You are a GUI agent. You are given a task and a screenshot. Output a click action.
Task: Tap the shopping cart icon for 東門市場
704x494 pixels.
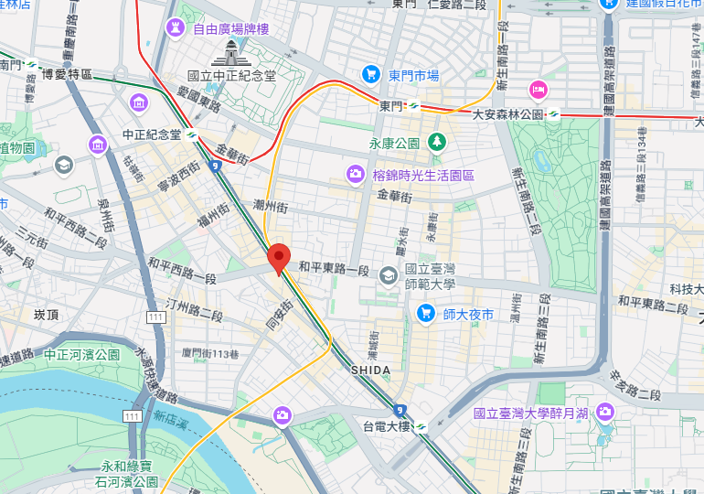pyautogui.click(x=370, y=74)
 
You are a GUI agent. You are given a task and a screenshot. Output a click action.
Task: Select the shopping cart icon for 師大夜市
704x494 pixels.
pyautogui.click(x=425, y=314)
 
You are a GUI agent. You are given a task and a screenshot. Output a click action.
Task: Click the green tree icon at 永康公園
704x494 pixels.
pyautogui.click(x=438, y=142)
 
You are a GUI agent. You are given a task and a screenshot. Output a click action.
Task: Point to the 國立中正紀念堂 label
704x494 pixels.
pyautogui.click(x=231, y=76)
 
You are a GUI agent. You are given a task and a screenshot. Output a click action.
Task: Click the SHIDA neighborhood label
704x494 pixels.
pyautogui.click(x=370, y=370)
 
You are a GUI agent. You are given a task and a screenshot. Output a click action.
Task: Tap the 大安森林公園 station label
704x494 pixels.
pyautogui.click(x=508, y=114)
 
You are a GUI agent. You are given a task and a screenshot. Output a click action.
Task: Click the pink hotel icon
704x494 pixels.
pyautogui.click(x=538, y=89)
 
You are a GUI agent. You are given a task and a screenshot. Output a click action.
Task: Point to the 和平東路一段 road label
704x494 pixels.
pyautogui.click(x=333, y=271)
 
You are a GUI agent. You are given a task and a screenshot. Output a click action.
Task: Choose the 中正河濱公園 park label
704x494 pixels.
pyautogui.click(x=81, y=354)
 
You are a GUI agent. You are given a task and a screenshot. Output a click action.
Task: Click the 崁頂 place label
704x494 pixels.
pyautogui.click(x=46, y=314)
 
